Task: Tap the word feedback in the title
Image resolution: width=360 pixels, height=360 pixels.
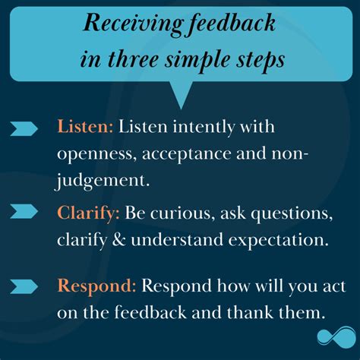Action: point(232,24)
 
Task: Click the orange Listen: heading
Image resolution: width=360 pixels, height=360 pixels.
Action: point(85,126)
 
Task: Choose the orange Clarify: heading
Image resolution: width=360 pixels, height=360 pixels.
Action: point(88,214)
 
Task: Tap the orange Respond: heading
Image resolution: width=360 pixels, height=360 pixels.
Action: point(96,287)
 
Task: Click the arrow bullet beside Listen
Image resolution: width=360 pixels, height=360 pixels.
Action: point(24,128)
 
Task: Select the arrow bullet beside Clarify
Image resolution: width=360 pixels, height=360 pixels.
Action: point(24,211)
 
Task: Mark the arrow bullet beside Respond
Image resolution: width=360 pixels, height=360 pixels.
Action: point(24,286)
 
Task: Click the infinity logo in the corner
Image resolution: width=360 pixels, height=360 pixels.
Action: point(336,336)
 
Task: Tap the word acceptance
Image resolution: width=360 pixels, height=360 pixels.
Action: point(186,154)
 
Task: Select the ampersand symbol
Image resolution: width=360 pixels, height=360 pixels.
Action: point(118,239)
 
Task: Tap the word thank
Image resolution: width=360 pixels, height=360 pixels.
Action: point(250,312)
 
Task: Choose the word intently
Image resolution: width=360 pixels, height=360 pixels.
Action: point(204,128)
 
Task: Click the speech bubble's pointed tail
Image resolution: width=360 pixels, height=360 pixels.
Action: point(181,95)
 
